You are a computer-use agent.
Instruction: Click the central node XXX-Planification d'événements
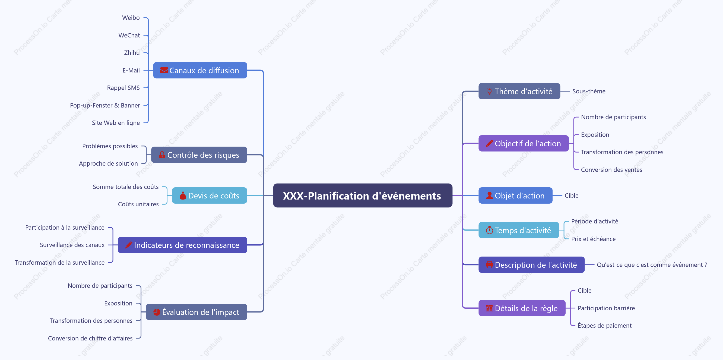363,195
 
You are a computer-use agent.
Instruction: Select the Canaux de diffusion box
200,70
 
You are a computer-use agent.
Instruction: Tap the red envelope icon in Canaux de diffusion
164,70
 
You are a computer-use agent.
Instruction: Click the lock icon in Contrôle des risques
162,155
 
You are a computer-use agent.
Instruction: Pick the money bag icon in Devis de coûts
183,195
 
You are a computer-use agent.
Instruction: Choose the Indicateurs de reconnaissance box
182,245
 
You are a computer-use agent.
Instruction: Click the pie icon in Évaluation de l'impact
157,312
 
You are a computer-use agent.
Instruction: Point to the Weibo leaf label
131,18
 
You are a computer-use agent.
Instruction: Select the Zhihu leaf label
132,53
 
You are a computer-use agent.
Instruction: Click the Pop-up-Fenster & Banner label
105,105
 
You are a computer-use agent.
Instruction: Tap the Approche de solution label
108,163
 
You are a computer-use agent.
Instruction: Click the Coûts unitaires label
138,204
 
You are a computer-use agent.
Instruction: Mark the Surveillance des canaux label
72,245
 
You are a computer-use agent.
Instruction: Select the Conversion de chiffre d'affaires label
90,338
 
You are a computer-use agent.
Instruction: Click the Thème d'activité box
519,91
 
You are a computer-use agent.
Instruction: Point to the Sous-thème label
589,91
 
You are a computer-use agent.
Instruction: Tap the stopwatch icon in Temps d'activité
490,230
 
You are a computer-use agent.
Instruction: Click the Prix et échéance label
593,239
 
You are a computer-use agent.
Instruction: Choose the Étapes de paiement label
605,326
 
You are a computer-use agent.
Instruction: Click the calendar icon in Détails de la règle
490,308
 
